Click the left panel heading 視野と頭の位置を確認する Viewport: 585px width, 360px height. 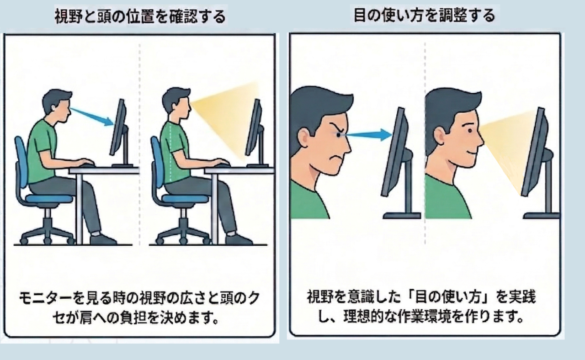click(x=140, y=16)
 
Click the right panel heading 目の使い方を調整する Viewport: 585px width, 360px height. click(x=425, y=15)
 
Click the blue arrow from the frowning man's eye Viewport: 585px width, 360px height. click(x=369, y=135)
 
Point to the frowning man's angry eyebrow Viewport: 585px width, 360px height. click(x=336, y=128)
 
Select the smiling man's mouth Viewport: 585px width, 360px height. click(x=471, y=152)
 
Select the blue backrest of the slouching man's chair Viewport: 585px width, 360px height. click(x=21, y=161)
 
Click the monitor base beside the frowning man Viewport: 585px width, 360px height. click(x=402, y=216)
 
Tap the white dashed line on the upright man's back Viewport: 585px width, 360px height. click(x=171, y=152)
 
